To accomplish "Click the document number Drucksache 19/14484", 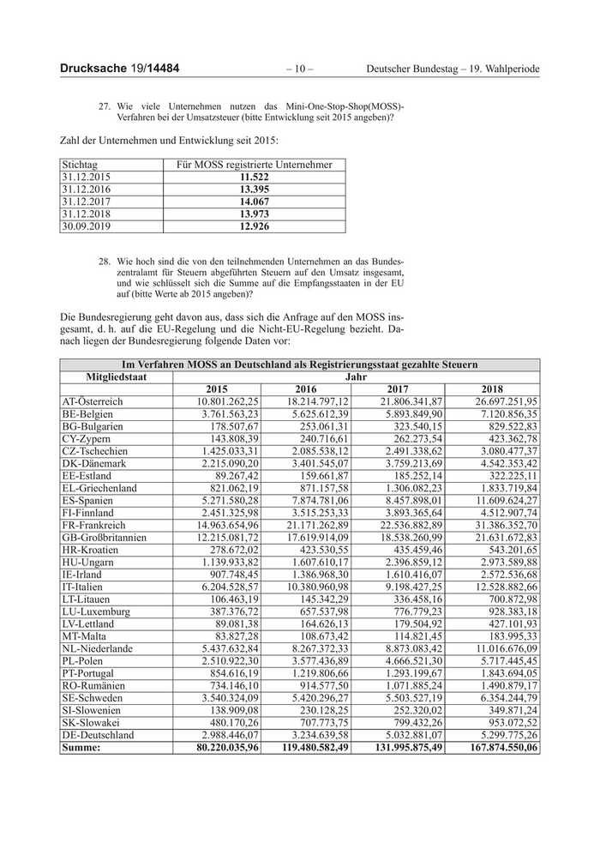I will point(119,68).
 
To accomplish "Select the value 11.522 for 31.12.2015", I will point(255,176).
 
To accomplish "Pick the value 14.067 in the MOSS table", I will point(255,202).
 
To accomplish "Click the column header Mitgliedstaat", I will point(117,376).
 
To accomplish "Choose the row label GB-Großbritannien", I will point(104,537).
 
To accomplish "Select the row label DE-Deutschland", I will point(99,735).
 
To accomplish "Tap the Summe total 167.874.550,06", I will point(499,748).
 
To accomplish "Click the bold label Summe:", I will point(81,748).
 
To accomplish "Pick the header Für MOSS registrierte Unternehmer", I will point(255,164).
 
